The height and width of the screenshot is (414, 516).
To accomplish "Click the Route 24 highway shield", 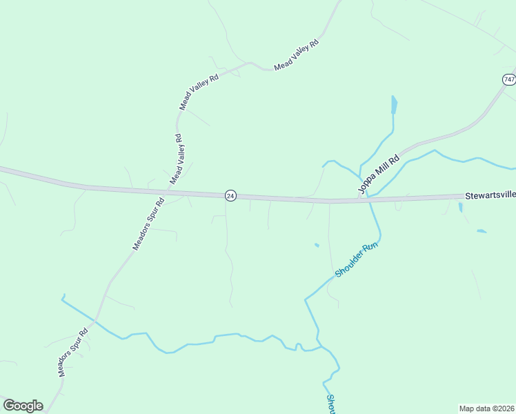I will click(x=230, y=196).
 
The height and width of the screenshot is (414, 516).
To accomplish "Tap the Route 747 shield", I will click(x=509, y=79).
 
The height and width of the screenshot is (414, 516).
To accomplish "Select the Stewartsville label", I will click(x=489, y=196).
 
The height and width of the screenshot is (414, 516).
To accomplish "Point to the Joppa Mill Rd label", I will click(x=378, y=173).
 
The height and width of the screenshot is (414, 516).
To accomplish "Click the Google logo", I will click(x=23, y=406).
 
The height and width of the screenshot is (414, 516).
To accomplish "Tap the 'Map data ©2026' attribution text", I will click(x=486, y=408).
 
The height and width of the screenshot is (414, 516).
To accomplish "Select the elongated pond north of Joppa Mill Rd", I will click(x=394, y=105).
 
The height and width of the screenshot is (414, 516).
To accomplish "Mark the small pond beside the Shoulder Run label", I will click(x=317, y=245).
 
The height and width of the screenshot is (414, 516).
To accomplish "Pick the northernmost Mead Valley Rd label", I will click(x=297, y=55).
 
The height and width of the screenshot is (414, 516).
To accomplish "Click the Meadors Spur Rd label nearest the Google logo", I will click(x=73, y=351).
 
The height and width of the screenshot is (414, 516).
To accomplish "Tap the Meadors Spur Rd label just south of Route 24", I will click(x=148, y=224).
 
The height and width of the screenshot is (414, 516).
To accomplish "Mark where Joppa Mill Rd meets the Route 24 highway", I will click(x=360, y=200).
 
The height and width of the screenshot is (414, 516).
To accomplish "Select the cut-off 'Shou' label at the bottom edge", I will click(x=330, y=404).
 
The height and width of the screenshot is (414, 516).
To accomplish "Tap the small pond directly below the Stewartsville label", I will click(x=460, y=206).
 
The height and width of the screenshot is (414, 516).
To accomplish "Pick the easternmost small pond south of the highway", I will click(x=481, y=231).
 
